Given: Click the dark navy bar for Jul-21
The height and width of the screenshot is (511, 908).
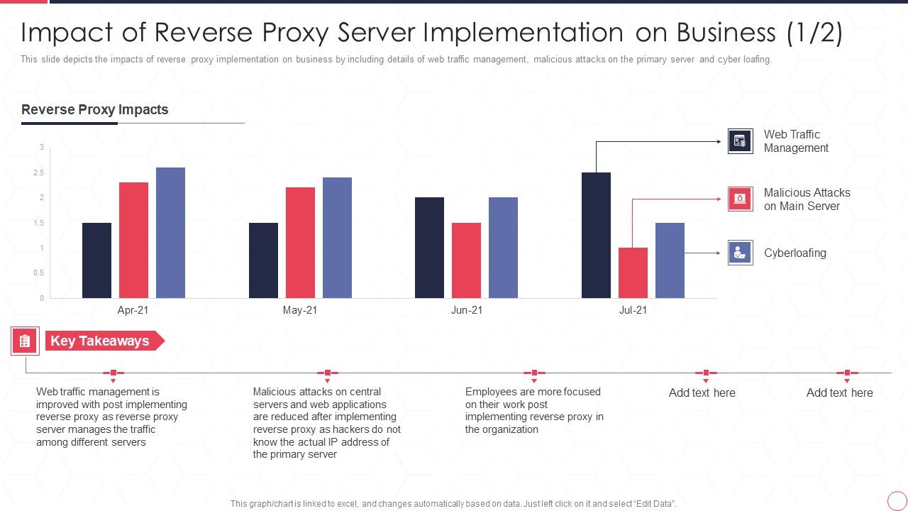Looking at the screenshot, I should click(596, 235).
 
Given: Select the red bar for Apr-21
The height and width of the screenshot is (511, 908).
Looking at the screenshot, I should click(133, 240).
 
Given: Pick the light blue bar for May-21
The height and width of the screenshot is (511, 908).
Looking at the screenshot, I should click(337, 237).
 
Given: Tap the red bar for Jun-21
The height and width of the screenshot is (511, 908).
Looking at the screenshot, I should click(466, 260).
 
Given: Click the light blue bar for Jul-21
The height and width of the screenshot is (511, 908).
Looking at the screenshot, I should click(670, 260).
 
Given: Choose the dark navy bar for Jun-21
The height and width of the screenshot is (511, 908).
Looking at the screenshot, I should click(429, 247).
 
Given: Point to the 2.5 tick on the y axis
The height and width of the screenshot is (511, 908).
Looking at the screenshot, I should click(41, 172).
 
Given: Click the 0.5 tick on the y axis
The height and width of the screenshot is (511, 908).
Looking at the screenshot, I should click(41, 273).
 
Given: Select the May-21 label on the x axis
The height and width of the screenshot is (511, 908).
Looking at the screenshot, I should click(300, 310).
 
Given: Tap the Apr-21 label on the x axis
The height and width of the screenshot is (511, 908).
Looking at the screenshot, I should click(133, 310).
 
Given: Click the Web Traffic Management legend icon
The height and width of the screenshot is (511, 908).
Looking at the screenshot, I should click(740, 141).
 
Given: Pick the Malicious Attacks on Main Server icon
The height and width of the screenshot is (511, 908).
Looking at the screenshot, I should click(740, 199).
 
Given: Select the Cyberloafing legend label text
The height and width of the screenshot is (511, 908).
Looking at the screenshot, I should click(794, 253).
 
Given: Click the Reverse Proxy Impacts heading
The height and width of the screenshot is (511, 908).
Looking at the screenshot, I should click(95, 110).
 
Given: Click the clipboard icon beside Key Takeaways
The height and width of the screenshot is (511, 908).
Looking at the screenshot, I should click(25, 341).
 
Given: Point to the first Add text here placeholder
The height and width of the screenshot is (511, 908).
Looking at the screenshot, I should click(702, 392).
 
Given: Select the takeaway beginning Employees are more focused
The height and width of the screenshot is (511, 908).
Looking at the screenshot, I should click(534, 410).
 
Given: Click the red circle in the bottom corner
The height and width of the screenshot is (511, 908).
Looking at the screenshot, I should click(897, 500).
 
